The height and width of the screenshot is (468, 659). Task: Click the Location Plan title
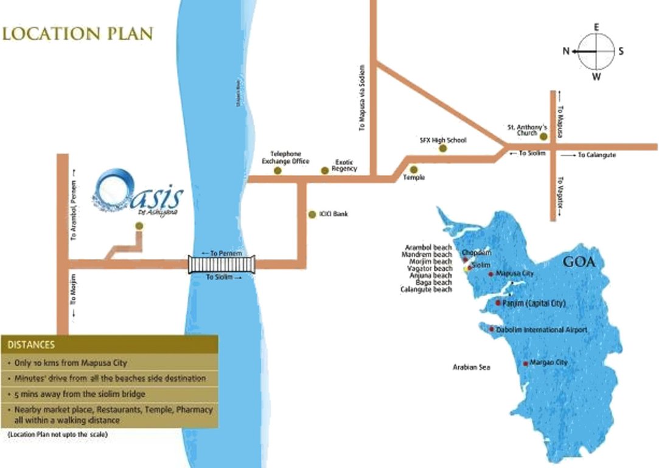[x=77, y=33]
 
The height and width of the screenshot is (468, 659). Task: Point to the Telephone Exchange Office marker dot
[x=278, y=171]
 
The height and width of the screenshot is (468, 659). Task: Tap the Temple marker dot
[x=414, y=169]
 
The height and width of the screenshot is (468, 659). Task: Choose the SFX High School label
[x=443, y=140]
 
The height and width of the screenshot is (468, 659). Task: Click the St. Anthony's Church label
[x=522, y=130]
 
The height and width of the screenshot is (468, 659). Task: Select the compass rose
[x=596, y=52]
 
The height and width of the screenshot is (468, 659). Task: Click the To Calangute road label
[x=596, y=155]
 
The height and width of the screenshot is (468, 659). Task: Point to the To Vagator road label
[x=562, y=191]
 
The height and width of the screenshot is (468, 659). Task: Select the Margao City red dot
[x=526, y=364]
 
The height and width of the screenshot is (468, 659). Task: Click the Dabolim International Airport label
[x=542, y=330]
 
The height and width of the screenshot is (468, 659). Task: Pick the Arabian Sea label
[x=471, y=367]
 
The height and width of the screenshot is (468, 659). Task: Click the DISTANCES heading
[x=31, y=345]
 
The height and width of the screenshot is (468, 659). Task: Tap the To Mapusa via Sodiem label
[x=362, y=97]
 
